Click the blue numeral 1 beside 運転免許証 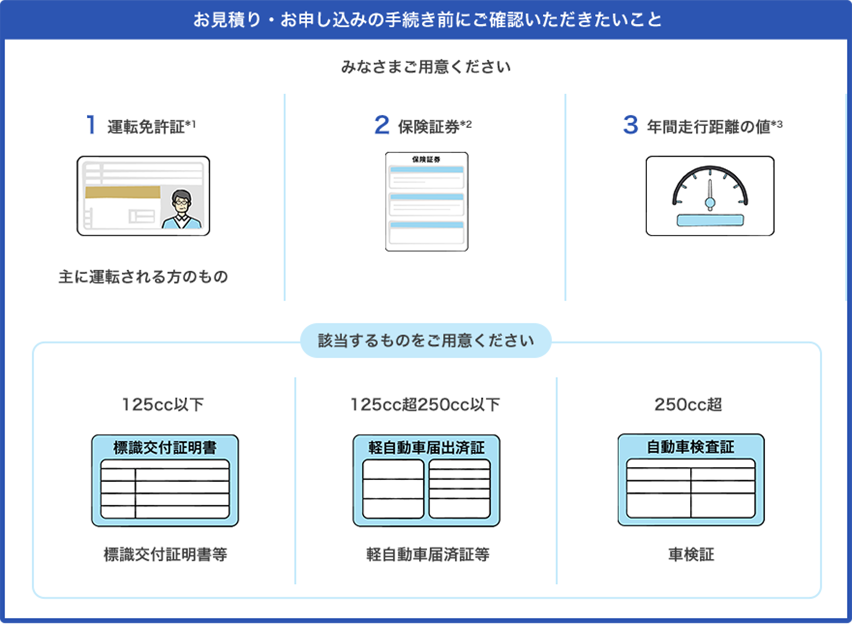pos(91,125)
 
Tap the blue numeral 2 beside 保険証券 pos(381,125)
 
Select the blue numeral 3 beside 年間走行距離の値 pos(630,125)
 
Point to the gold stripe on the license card pos(122,192)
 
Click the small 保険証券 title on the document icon pos(426,159)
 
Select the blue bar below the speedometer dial pos(710,221)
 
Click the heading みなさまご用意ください pos(426,67)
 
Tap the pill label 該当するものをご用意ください pos(426,341)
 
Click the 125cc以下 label pos(163,404)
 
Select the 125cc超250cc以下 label pos(425,404)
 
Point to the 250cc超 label pos(688,404)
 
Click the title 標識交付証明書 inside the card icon pos(165,447)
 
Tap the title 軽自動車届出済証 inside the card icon pos(426,447)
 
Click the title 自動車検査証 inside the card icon pos(690,446)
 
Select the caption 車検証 pos(691,554)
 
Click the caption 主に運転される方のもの pos(143,277)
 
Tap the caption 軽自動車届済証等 pos(427,554)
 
